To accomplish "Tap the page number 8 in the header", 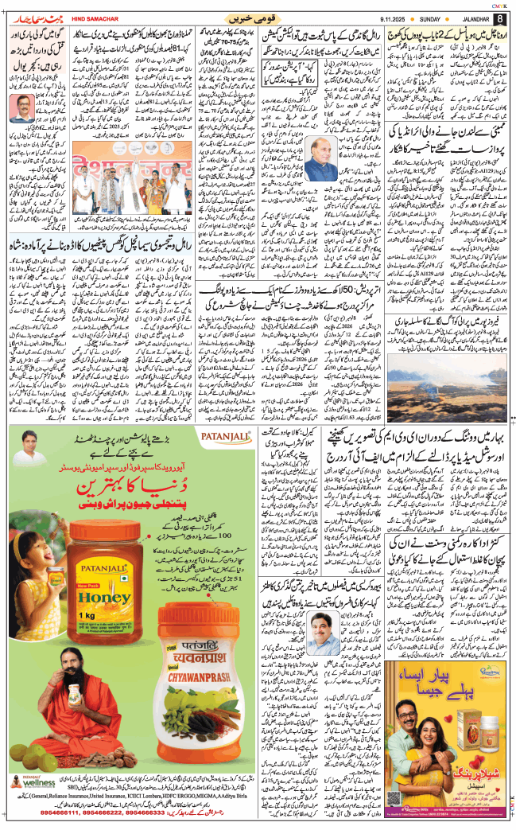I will point(499,18).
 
